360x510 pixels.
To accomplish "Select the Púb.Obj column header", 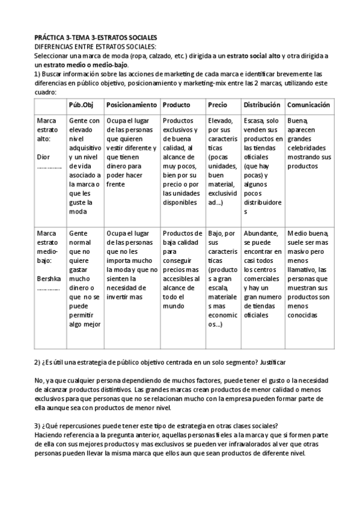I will point(81,105).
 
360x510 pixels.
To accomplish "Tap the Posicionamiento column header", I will point(132,105).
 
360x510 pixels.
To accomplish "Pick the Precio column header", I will point(218,105).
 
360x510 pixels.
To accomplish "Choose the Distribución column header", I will point(262,105).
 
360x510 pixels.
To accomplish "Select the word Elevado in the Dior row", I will point(221,120).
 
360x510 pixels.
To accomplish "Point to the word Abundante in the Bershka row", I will point(261,233).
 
